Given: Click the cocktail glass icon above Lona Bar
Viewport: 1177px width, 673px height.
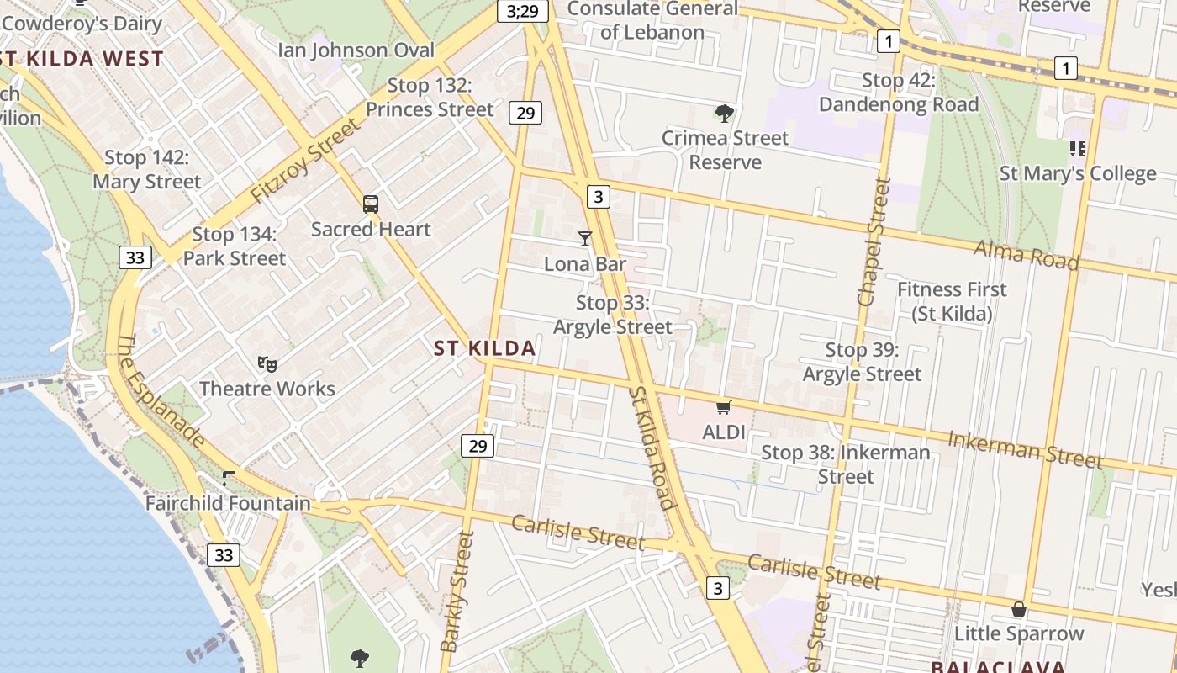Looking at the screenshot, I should [585, 239].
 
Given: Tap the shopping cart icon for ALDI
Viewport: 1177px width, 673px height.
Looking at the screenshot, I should [723, 408].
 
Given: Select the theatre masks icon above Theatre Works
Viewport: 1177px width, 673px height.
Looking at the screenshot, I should [267, 363].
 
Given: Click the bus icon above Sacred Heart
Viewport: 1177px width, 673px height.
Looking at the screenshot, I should [371, 204].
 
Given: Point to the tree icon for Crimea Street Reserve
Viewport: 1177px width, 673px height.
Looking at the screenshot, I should [724, 113].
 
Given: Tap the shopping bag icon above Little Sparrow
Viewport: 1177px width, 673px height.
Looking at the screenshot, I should [1019, 608].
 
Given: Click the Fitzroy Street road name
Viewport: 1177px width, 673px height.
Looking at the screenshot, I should [304, 161].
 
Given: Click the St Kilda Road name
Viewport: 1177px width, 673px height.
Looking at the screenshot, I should [652, 448].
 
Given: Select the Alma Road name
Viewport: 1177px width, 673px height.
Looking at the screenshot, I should [1026, 254].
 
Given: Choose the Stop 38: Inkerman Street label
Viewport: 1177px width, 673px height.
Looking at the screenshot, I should [846, 464].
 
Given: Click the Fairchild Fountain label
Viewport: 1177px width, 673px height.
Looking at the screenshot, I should [228, 503].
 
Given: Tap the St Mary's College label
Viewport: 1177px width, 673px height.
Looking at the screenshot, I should [1077, 173].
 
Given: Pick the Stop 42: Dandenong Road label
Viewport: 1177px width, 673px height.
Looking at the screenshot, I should [899, 93].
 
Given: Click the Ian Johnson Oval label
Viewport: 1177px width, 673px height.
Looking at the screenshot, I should [356, 50].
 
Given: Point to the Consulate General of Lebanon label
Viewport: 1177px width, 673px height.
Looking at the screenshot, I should [652, 20].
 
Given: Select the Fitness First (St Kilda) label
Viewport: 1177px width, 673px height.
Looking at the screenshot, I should [952, 301].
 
